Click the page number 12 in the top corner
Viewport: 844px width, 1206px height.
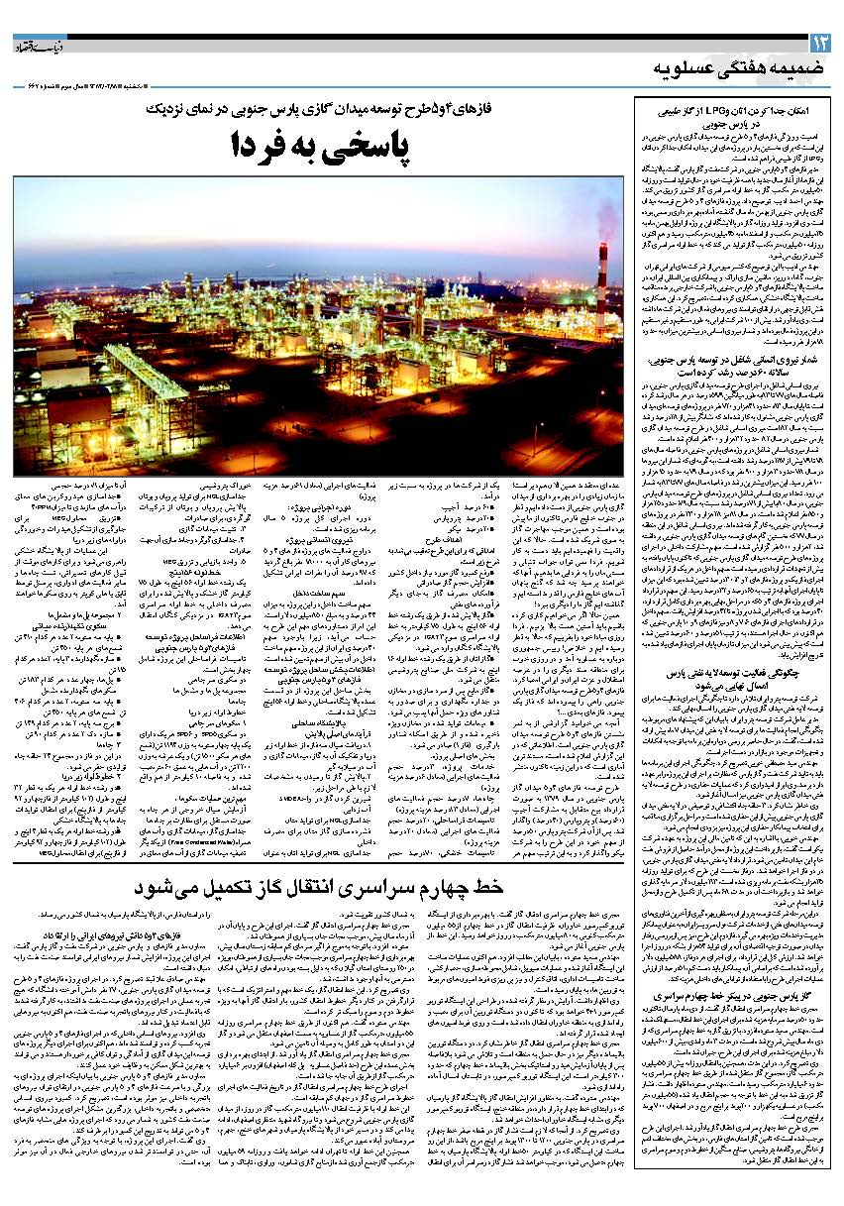click(x=821, y=44)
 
